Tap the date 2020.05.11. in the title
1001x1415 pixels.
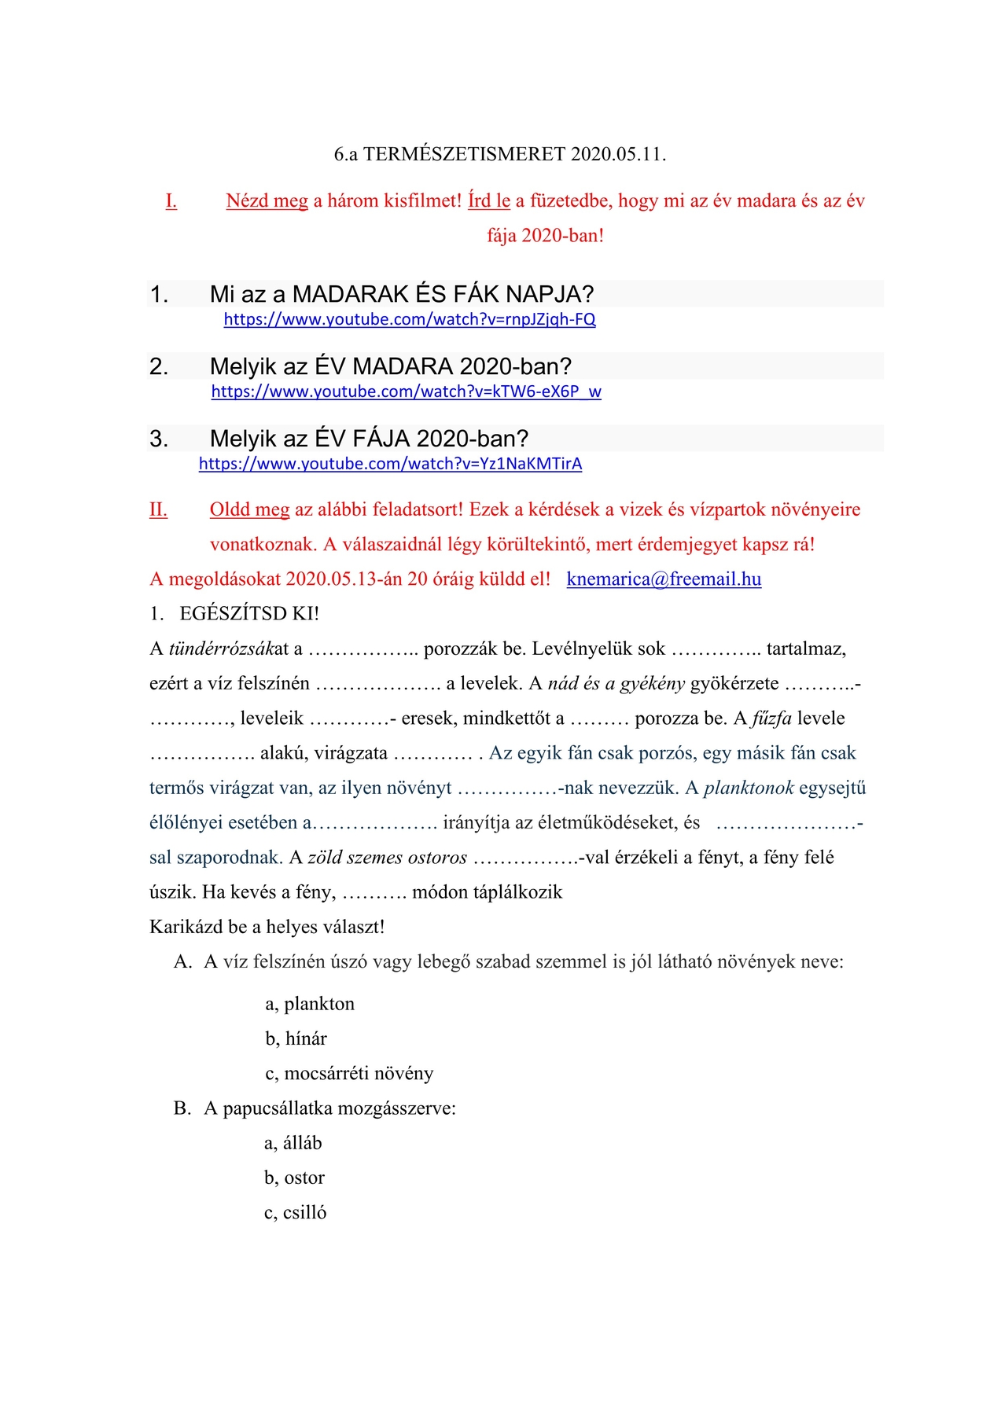(x=618, y=154)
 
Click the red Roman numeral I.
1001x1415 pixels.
(x=171, y=201)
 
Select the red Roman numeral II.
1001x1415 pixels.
(x=158, y=510)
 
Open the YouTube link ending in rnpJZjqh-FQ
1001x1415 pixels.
(x=410, y=320)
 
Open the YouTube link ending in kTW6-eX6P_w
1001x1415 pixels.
(x=406, y=392)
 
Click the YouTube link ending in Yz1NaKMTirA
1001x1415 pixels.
(x=390, y=464)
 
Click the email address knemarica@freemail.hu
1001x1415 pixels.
(x=664, y=579)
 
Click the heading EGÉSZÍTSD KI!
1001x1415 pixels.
(x=249, y=614)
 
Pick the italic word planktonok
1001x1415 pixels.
(x=749, y=788)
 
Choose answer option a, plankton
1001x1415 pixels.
(x=310, y=1005)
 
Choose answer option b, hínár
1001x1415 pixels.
(x=296, y=1039)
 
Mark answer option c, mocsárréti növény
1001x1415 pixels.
(x=349, y=1074)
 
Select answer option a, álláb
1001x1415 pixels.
(x=293, y=1144)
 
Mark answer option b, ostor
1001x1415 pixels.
(x=294, y=1178)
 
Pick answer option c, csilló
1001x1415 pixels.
(x=295, y=1213)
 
